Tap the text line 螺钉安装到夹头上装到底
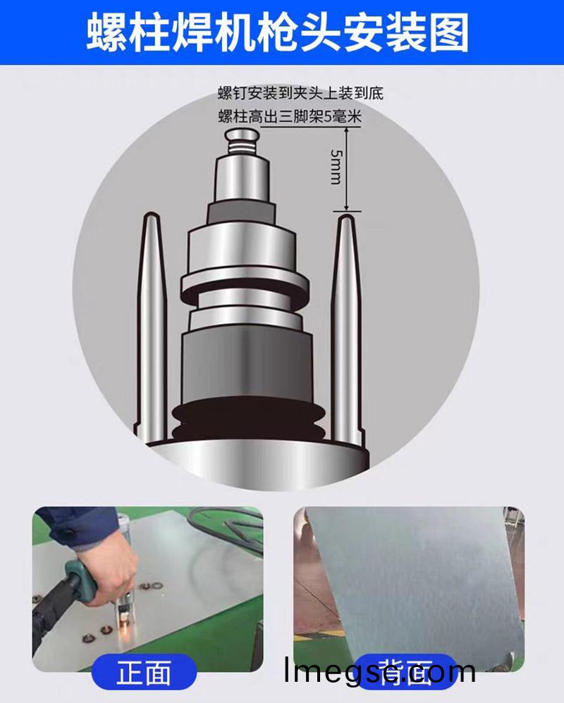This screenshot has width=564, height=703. (300, 93)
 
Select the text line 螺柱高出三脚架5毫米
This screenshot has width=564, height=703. (290, 117)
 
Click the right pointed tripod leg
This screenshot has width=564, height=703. (346, 318)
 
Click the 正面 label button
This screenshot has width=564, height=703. (145, 671)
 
